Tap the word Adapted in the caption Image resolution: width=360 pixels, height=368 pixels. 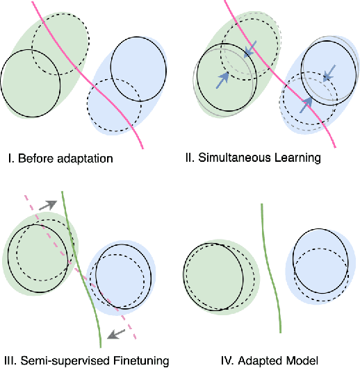coord(256,360)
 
